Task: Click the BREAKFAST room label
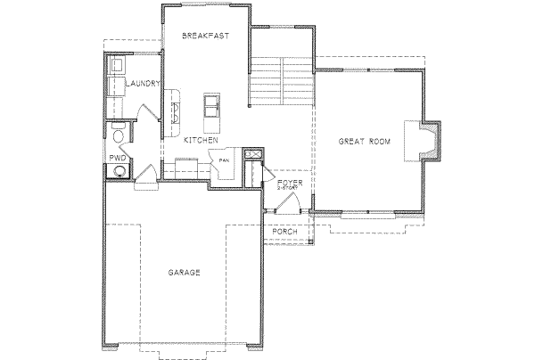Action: click(206, 37)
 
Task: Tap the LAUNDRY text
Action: click(143, 84)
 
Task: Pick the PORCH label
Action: click(284, 231)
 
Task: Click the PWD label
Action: click(117, 157)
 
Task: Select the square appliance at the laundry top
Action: click(116, 66)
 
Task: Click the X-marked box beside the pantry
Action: click(254, 157)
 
